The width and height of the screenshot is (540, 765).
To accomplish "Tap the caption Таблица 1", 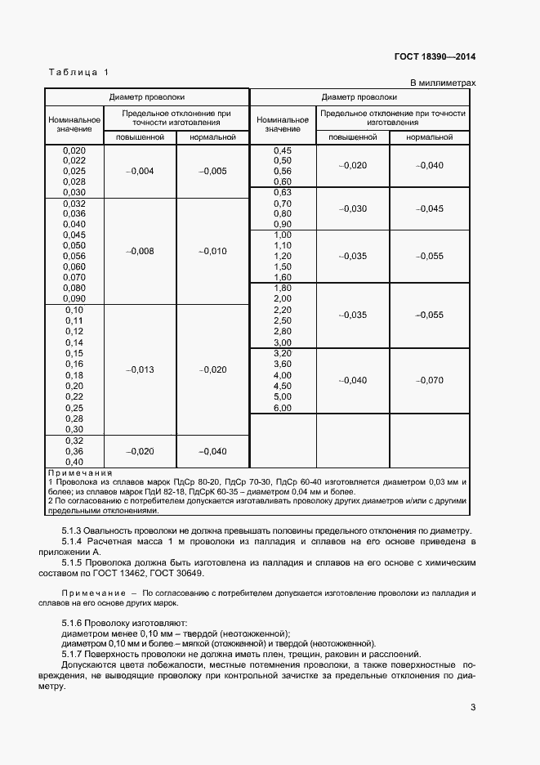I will click(78, 73).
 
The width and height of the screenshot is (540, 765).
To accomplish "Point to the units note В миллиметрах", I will click(442, 83).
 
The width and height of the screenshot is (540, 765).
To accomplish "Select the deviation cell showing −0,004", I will click(141, 171).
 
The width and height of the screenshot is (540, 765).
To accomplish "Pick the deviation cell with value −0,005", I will click(212, 171).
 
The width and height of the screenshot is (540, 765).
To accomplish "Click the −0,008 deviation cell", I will click(141, 251).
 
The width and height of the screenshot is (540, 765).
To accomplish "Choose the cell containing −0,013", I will click(141, 369).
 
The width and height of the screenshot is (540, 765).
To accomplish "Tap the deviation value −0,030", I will click(353, 208).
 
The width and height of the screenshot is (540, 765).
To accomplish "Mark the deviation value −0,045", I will click(429, 208).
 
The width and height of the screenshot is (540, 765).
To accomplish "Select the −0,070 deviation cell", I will click(429, 380).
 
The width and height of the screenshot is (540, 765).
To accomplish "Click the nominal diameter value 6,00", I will click(282, 407).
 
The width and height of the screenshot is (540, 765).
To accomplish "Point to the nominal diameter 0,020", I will click(74, 150).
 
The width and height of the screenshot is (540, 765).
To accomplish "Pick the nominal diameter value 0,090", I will click(74, 298).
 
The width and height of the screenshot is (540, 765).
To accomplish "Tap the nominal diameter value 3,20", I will click(282, 353).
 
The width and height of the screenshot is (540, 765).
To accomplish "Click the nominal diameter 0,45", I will click(282, 150).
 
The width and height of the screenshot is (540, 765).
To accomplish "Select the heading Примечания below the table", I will click(80, 473).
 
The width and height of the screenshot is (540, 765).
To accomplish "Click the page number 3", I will click(472, 707).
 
